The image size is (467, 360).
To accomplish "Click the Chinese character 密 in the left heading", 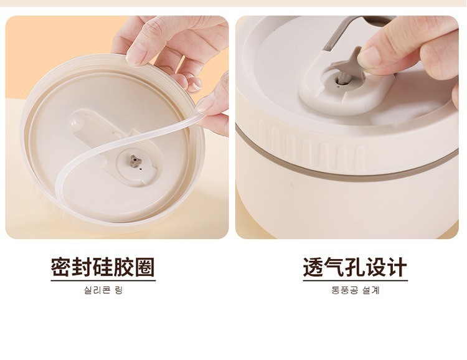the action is click(x=61, y=267).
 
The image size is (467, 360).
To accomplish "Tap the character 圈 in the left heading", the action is click(x=145, y=267).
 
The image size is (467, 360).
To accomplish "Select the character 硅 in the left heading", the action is click(x=103, y=267).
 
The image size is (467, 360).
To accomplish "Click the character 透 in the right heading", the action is click(x=313, y=267).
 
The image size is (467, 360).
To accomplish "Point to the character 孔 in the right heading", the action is click(x=355, y=267).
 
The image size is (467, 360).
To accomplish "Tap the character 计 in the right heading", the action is click(x=397, y=267).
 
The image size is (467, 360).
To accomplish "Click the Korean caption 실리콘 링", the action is click(x=103, y=290).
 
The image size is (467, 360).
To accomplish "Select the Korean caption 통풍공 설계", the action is click(x=356, y=290).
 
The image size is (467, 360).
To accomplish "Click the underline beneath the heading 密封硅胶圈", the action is click(x=103, y=280).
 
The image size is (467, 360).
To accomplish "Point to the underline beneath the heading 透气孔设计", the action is click(x=356, y=280).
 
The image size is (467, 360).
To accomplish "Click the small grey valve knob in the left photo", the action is click(x=136, y=161).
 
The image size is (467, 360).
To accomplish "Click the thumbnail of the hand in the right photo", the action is click(x=369, y=57).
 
